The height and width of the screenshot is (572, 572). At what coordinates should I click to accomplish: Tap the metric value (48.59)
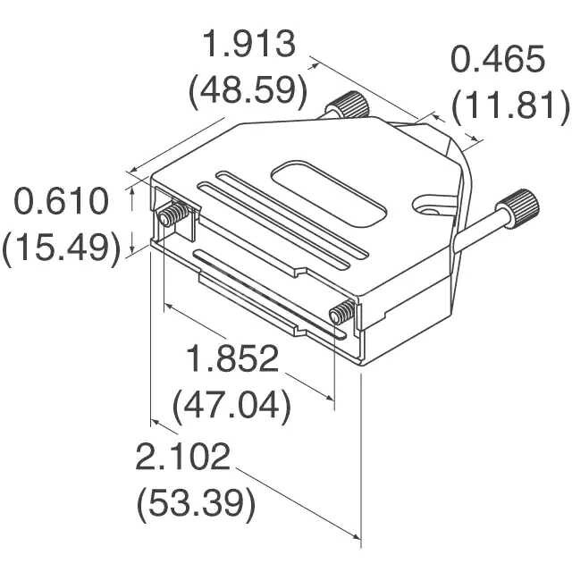(x=248, y=90)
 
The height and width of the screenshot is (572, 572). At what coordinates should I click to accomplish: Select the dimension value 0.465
(x=497, y=61)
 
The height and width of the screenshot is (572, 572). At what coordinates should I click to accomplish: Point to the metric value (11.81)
(x=509, y=106)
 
